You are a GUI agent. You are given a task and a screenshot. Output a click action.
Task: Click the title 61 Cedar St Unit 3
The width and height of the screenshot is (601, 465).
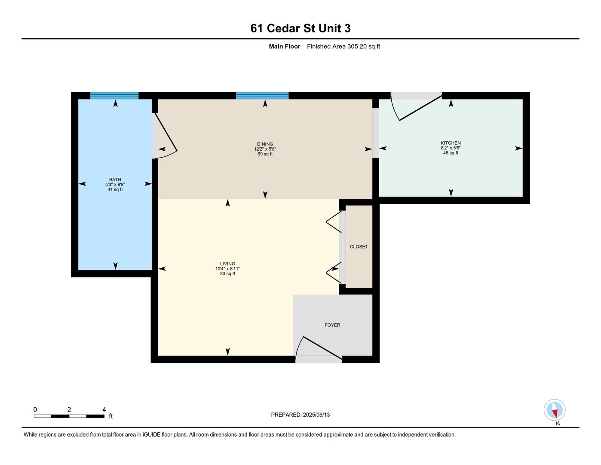(x=300, y=28)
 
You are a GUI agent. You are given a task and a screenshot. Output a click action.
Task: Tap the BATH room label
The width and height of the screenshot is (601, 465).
(x=115, y=180)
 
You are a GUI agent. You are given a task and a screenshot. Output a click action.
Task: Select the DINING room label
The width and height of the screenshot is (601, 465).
(x=265, y=144)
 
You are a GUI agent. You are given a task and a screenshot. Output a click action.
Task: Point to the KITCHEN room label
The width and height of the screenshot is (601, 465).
(x=451, y=143)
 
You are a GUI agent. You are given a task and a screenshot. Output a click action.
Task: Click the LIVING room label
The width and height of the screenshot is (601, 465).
(x=227, y=263)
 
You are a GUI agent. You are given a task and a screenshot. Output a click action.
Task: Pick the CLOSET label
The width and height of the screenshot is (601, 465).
(x=359, y=247)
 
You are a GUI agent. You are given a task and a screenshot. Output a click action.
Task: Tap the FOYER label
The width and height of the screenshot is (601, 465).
(x=332, y=325)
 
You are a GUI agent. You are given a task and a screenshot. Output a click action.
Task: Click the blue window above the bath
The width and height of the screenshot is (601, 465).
(x=114, y=96)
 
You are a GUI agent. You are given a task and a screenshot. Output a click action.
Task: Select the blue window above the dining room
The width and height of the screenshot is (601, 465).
(x=262, y=96)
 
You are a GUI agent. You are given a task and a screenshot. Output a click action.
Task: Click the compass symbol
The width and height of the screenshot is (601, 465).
(x=554, y=410)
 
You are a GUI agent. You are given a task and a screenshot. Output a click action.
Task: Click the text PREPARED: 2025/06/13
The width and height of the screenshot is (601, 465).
(x=300, y=415)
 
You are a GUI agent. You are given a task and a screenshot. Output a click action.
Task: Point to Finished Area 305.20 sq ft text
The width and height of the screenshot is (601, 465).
(x=343, y=46)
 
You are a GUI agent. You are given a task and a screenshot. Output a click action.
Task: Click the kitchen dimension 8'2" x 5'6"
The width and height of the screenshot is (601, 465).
(x=451, y=148)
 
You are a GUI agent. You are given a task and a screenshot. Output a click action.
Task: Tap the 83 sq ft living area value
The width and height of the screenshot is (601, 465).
(x=227, y=274)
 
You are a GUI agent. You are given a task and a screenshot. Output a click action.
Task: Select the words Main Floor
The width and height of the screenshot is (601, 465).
(x=284, y=46)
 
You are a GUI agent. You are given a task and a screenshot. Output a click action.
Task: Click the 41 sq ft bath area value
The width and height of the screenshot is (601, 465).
(x=115, y=189)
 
